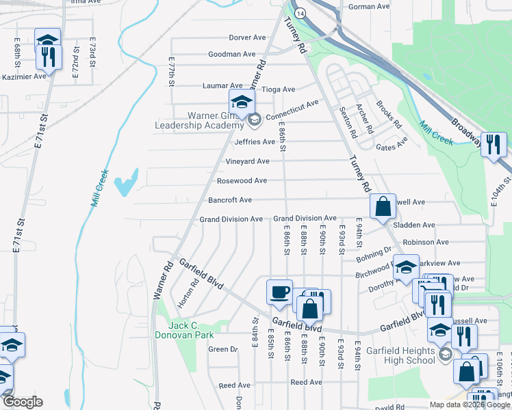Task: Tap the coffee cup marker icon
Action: click(x=279, y=292)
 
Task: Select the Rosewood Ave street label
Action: click(x=242, y=181)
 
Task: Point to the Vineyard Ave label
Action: click(x=247, y=161)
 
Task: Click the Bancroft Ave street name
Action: click(x=230, y=200)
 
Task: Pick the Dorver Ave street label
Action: click(x=246, y=38)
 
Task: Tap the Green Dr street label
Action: click(x=222, y=349)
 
